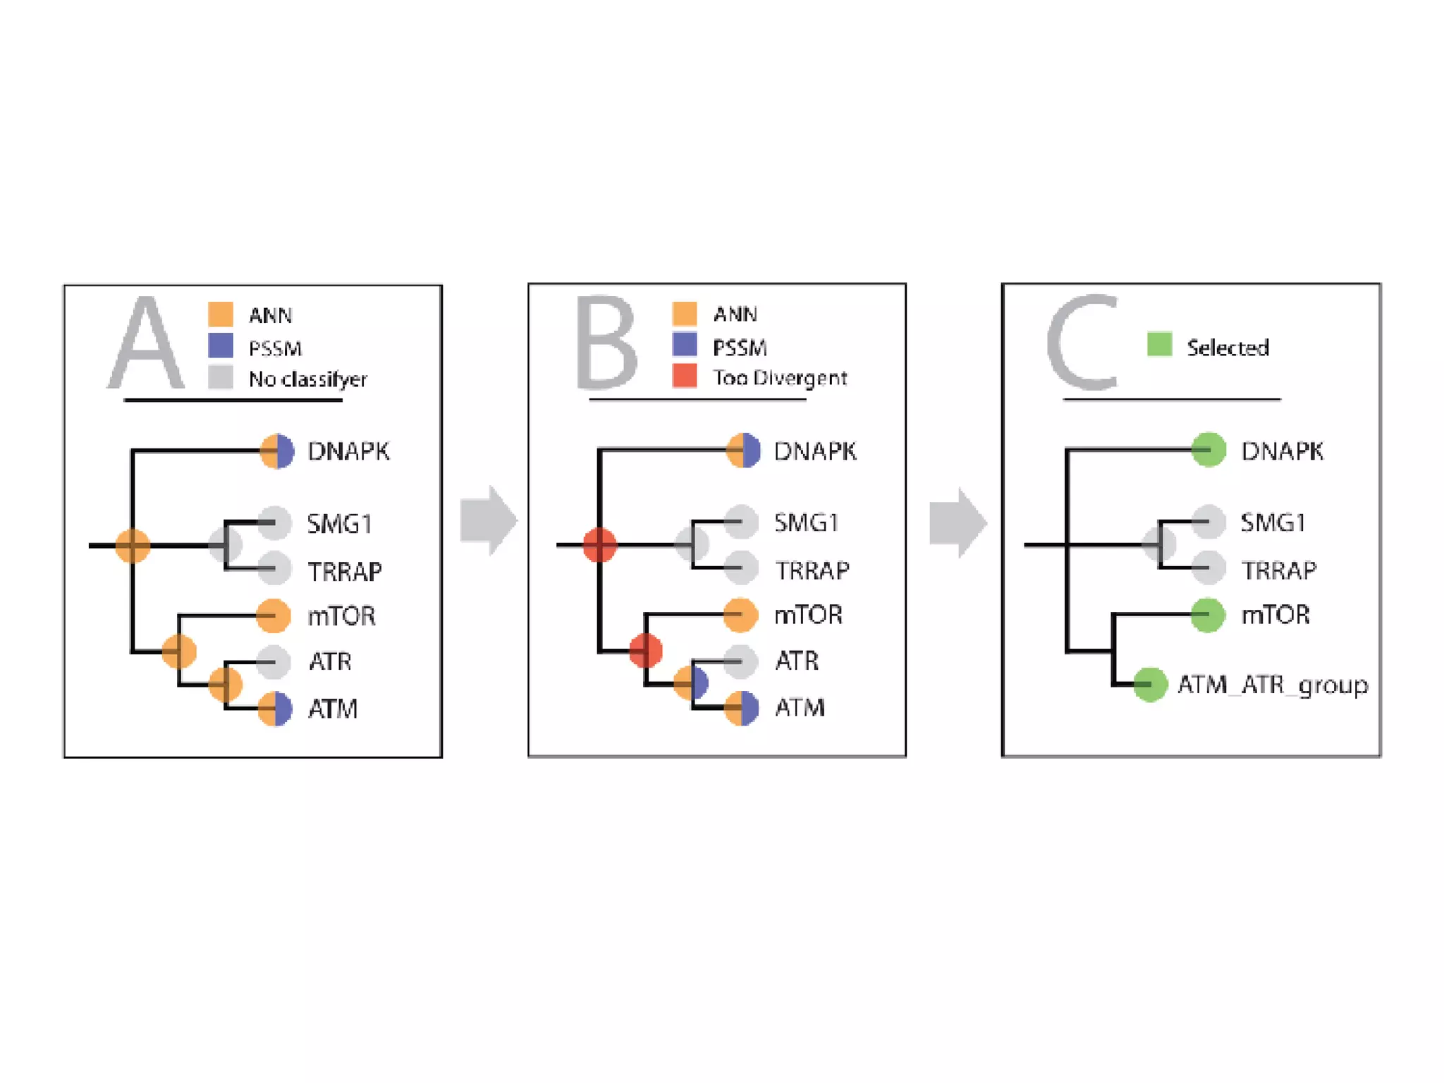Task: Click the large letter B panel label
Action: point(606,343)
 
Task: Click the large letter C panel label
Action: point(1082,343)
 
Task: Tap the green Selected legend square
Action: point(1159,345)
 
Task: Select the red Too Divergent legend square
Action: point(685,376)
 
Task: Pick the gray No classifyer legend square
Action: point(221,377)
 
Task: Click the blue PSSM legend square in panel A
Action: point(221,346)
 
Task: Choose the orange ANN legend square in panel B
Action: point(685,313)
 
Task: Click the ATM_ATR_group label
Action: point(1273,685)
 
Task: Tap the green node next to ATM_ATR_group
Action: point(1150,685)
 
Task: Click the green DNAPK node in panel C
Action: point(1209,450)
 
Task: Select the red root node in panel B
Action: point(600,545)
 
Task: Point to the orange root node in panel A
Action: point(133,546)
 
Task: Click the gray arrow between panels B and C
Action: point(957,522)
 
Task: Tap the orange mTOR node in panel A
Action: point(274,616)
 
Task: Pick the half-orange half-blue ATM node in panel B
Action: point(742,708)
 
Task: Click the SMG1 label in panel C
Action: point(1272,522)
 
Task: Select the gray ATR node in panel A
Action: point(274,662)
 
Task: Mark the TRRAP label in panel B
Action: point(812,570)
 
